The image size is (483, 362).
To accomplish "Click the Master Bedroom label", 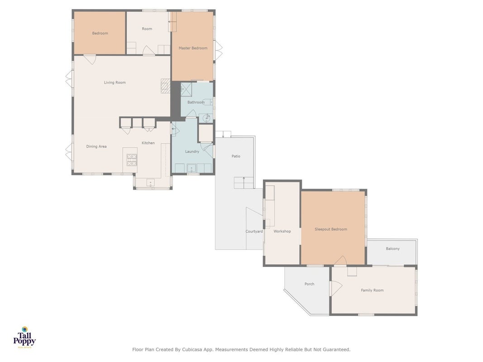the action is [193, 48].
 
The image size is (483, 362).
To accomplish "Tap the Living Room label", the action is [115, 82].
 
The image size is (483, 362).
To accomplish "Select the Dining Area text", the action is [96, 147].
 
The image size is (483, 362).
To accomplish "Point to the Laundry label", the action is [192, 152].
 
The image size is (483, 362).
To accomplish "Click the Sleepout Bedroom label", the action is [331, 229].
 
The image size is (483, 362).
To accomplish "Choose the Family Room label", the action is [372, 290].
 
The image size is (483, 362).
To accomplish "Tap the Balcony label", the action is [393, 249].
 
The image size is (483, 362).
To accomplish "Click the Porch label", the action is [309, 284].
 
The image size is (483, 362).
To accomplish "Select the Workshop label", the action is [282, 232].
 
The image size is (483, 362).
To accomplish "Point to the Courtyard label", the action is [254, 232].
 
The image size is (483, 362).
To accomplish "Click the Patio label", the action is [236, 157].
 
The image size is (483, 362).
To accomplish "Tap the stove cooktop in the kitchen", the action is [132, 160].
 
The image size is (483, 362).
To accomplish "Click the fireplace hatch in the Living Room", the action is [165, 86].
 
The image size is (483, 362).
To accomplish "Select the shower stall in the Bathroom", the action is [186, 89].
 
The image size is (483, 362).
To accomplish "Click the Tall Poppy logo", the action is [24, 338].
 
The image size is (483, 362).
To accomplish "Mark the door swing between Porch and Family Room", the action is [336, 288].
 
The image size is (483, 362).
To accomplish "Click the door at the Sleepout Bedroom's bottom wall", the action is [341, 261].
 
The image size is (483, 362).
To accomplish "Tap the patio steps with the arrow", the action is [244, 183].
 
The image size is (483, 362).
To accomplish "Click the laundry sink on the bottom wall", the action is [191, 168].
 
